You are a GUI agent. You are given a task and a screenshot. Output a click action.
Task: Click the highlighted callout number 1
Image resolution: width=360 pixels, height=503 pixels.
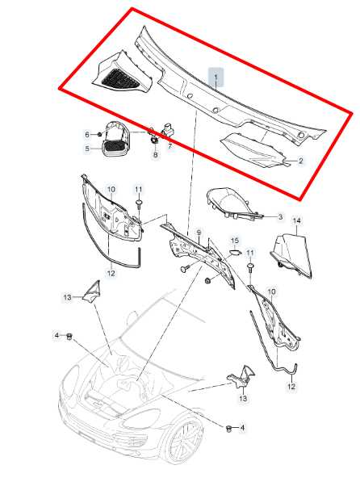click(x=216, y=77)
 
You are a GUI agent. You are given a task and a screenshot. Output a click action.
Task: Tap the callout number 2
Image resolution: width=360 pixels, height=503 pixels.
click(x=300, y=161)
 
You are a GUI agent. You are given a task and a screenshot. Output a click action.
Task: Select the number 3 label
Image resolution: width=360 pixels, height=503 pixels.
click(x=280, y=217)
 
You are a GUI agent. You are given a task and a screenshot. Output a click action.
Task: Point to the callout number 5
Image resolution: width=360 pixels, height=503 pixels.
click(x=87, y=149)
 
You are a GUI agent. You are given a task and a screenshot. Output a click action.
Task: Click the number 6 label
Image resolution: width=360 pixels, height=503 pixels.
click(x=87, y=135)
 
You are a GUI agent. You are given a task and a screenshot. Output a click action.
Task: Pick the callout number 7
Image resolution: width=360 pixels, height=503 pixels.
click(x=170, y=147)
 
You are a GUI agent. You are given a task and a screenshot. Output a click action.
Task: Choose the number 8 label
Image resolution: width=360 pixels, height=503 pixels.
click(x=156, y=155)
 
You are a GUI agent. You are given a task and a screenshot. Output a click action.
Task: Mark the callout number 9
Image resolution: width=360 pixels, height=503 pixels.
click(x=199, y=233)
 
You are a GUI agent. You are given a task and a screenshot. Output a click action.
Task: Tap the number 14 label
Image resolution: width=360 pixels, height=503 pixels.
click(x=297, y=220)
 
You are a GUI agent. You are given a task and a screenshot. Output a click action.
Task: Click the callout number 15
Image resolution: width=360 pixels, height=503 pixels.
click(x=235, y=241)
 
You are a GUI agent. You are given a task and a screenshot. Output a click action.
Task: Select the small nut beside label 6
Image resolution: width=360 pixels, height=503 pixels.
click(x=99, y=134)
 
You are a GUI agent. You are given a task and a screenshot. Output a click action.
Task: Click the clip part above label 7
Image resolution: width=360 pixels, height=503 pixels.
click(x=169, y=129)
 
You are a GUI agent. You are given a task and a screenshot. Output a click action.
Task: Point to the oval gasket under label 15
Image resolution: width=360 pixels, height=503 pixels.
click(x=236, y=252)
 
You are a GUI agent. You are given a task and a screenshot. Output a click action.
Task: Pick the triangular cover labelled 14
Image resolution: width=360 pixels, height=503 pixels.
click(x=292, y=255)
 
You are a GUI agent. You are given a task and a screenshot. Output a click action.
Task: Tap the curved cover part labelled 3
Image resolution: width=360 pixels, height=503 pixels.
click(x=233, y=203)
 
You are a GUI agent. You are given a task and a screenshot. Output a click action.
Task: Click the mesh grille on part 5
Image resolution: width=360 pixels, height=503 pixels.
click(x=114, y=147)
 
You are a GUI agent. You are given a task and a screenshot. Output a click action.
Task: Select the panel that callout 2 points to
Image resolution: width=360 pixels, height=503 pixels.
click(x=253, y=150)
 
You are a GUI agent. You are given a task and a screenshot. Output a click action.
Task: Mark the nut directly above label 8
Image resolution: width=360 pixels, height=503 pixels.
click(x=154, y=140)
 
